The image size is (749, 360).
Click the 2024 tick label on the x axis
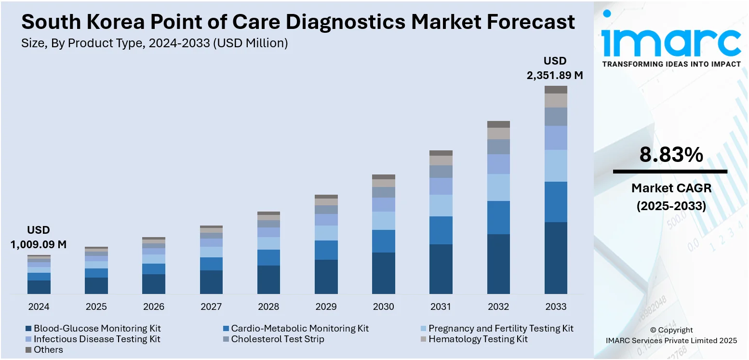pos(39,307)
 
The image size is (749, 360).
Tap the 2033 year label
pos(556,307)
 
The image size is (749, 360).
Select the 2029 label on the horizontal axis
pos(326,307)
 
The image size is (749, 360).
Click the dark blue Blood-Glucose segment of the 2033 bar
pos(556,258)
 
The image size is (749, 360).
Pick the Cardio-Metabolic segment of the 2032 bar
pos(498,217)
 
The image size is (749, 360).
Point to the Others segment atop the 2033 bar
pos(556,90)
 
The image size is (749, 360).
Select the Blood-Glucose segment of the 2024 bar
pos(39,287)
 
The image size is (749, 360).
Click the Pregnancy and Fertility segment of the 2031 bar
pos(441,205)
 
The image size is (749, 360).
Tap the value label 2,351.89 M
pos(555,75)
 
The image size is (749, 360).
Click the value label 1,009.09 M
pos(39,244)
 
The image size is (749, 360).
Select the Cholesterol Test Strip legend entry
pos(277,339)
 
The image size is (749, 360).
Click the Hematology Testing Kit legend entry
pos(478,339)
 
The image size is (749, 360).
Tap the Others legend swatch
pos(28,350)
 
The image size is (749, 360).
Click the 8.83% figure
pos(671,155)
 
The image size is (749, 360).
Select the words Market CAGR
pos(671,188)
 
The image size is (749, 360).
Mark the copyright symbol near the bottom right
pos(654,330)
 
